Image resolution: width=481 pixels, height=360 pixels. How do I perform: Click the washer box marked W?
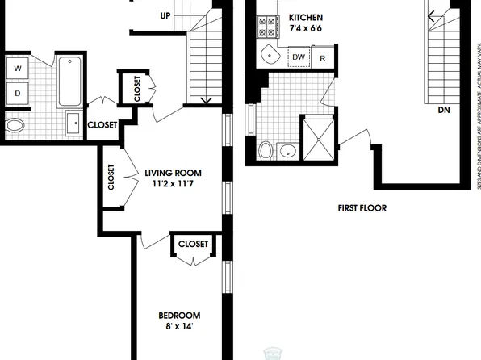point(17,69)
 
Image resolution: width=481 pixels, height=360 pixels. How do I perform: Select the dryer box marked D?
point(17,93)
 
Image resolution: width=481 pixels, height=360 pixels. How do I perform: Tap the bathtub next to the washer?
point(69,81)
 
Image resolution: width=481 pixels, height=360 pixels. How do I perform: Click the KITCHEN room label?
point(305,17)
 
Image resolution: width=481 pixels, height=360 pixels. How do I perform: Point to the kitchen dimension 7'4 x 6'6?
point(305,29)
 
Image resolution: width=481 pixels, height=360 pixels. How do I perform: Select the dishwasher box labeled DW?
point(299,57)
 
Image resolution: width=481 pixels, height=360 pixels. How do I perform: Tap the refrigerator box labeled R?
point(323,57)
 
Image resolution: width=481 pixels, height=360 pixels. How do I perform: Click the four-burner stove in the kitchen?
point(266,30)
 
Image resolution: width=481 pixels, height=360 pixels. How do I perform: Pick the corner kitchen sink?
point(269,56)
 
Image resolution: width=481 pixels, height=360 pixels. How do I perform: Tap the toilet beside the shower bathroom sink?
point(266,150)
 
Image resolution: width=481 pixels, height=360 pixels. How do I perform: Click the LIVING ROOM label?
point(173,173)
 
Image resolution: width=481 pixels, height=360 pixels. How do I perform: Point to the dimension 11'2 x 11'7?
point(173,185)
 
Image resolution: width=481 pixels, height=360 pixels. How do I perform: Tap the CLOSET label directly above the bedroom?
point(194,244)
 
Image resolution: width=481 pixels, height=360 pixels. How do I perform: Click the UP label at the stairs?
point(165,15)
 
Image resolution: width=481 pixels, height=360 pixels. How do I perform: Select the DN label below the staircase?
point(443,109)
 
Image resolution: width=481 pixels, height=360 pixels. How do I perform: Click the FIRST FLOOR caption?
point(362,208)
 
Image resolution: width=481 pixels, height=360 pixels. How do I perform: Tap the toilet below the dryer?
point(15,126)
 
